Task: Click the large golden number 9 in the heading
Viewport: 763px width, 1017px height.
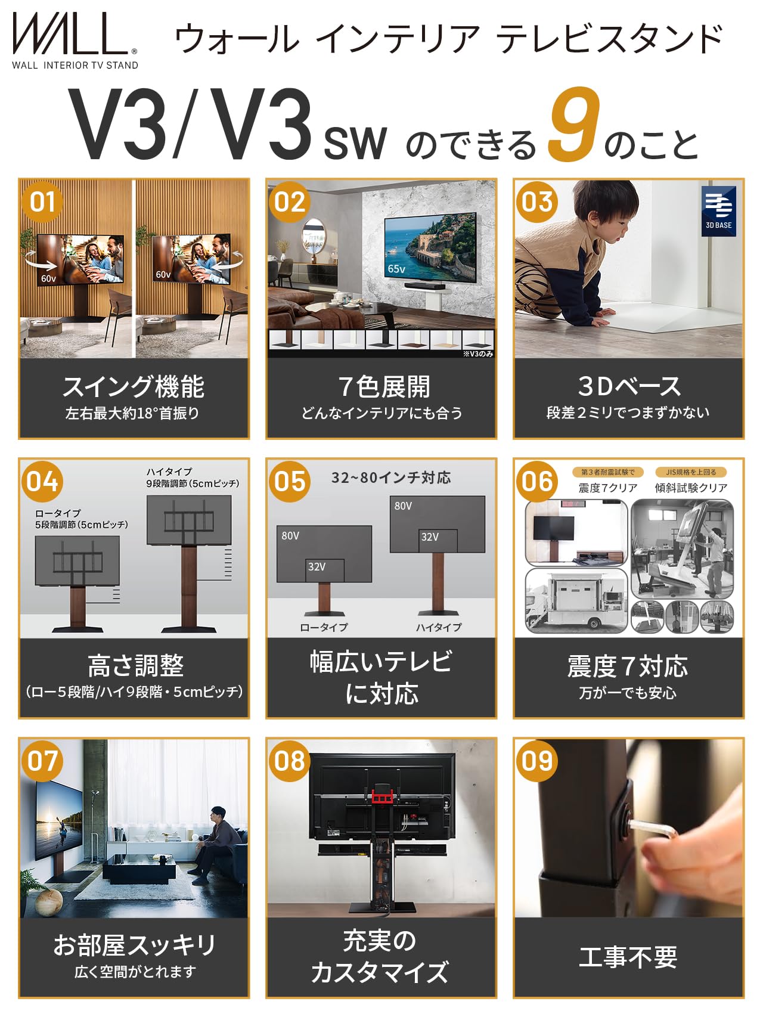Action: tap(573, 125)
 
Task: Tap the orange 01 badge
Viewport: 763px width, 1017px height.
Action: tap(42, 202)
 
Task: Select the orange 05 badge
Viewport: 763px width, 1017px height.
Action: tap(290, 482)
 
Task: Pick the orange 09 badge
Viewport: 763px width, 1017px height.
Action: tap(537, 761)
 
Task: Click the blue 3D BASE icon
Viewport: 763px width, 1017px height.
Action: tap(718, 211)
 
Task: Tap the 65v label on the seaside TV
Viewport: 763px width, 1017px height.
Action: tap(396, 269)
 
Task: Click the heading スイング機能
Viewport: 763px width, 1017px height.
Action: tap(134, 387)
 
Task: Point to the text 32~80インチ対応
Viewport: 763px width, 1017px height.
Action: tap(391, 478)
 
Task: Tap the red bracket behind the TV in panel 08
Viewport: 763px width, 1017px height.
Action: tap(381, 796)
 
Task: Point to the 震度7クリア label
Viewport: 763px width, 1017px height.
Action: tap(607, 488)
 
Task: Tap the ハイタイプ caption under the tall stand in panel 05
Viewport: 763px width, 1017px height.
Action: tap(439, 627)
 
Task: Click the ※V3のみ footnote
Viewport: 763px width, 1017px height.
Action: tap(478, 354)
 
